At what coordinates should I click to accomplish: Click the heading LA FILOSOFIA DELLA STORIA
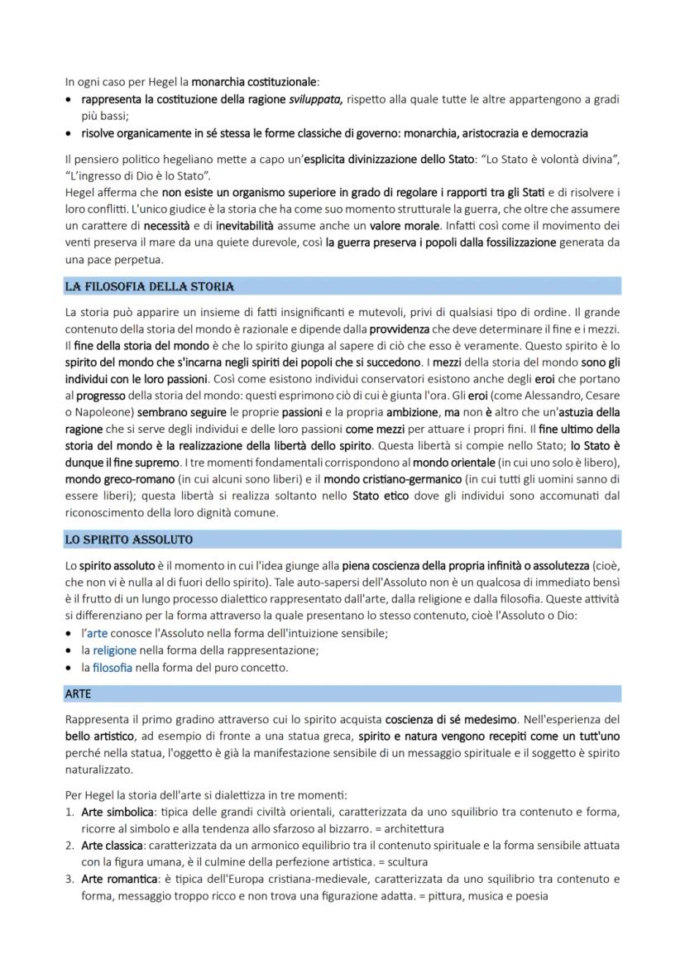pyautogui.click(x=150, y=287)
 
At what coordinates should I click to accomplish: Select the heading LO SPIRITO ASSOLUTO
pyautogui.click(x=129, y=540)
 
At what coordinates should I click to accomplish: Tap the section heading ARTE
pyautogui.click(x=78, y=693)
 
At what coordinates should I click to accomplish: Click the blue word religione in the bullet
pyautogui.click(x=114, y=650)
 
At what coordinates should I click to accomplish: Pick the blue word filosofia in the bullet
pyautogui.click(x=113, y=667)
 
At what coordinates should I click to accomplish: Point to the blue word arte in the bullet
pyautogui.click(x=97, y=633)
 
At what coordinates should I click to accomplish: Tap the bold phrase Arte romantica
pyautogui.click(x=116, y=879)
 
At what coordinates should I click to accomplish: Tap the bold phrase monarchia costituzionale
pyautogui.click(x=255, y=82)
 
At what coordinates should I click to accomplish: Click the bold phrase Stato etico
pyautogui.click(x=379, y=496)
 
